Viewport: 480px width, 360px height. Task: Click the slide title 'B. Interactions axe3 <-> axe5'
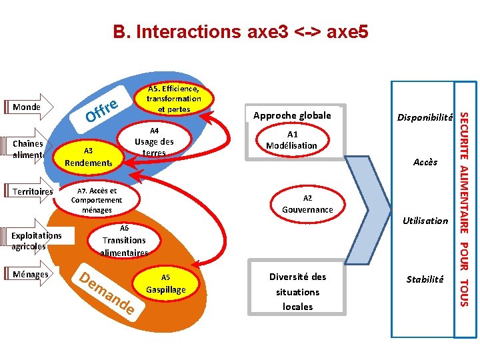240,31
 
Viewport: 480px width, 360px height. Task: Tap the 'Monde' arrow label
27,107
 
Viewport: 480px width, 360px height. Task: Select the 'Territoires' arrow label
32,192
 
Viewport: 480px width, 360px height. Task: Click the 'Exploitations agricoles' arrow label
36,240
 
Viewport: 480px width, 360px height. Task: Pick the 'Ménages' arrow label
31,274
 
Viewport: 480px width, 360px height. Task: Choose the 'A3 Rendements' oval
87,156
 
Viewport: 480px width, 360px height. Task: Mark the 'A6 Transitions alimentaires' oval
124,240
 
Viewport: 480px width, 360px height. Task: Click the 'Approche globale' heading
292,116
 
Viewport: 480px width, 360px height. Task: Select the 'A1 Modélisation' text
291,140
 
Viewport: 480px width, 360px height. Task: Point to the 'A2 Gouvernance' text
307,204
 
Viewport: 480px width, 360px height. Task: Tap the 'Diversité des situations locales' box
297,292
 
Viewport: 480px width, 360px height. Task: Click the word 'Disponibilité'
425,117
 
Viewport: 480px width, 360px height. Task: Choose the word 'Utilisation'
425,221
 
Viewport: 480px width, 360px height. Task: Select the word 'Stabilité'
425,279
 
